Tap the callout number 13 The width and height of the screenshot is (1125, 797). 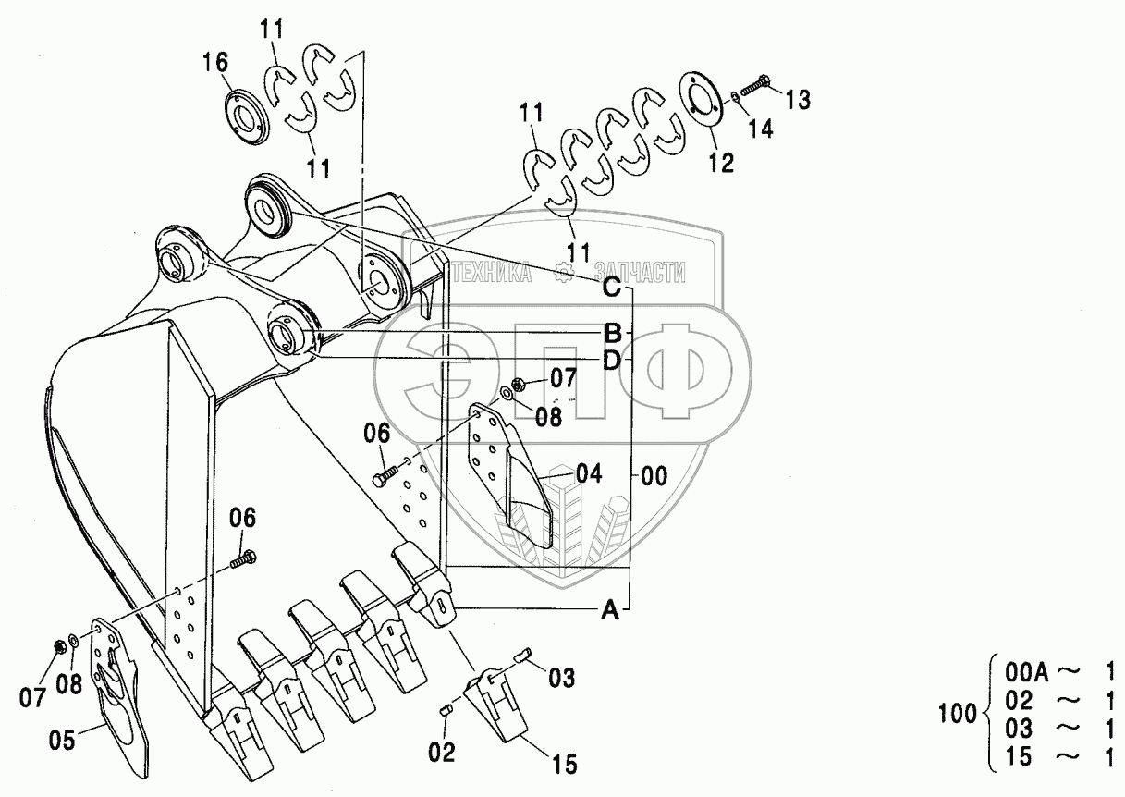point(798,99)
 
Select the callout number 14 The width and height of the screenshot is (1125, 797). point(761,129)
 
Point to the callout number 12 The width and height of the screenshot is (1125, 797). point(721,162)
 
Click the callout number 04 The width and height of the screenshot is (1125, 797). point(589,473)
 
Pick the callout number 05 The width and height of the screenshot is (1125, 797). point(62,740)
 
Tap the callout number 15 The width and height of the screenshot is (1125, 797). point(565,765)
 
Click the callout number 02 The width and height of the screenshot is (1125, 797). point(442,752)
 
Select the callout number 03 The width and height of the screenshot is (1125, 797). point(561,679)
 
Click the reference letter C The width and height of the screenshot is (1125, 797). point(611,288)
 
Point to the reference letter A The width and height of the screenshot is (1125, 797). point(610,611)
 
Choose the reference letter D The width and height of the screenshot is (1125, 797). point(611,361)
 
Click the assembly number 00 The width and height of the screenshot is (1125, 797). point(654,475)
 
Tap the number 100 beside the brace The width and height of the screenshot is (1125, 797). point(958,714)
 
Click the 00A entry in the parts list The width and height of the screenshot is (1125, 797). point(1027,672)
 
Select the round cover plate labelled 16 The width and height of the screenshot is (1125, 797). point(246,117)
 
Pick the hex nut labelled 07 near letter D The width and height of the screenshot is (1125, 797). point(520,386)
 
